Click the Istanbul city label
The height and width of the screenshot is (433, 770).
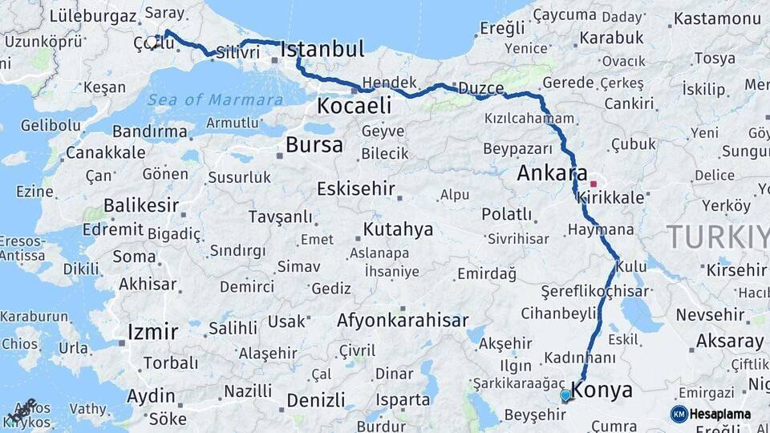[322, 49]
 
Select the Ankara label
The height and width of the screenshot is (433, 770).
[553, 173]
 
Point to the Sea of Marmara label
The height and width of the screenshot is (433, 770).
[215, 100]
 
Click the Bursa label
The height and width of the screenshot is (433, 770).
[314, 145]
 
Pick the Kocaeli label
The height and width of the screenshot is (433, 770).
[354, 105]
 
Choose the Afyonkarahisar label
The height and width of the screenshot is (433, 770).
[402, 321]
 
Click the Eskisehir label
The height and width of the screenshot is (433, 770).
[356, 189]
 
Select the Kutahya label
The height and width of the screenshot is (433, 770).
[398, 229]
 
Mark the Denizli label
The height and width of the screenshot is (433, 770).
[315, 399]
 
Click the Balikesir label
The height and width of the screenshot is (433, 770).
[140, 205]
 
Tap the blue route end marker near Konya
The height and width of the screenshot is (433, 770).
[565, 395]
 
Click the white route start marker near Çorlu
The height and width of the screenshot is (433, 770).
[152, 41]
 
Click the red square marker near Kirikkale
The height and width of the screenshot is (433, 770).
[593, 184]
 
